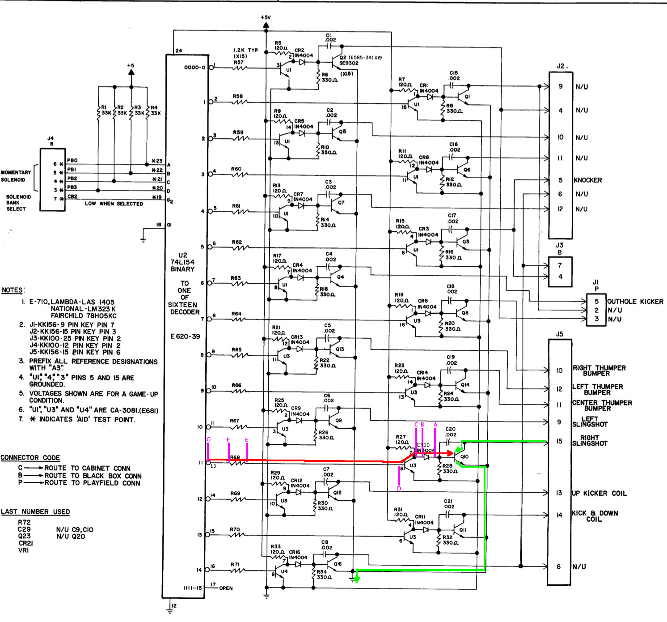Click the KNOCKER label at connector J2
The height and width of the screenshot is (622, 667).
(x=588, y=180)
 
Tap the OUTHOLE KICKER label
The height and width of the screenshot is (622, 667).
(x=635, y=302)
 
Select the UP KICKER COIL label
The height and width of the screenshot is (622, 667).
(x=599, y=493)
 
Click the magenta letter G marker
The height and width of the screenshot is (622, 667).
(x=208, y=439)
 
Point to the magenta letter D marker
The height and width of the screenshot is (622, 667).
(x=399, y=489)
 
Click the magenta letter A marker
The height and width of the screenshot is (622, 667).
(x=435, y=425)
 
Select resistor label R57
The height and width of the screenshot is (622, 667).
(x=239, y=62)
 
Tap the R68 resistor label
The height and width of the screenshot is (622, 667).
(x=235, y=457)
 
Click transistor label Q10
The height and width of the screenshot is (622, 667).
(x=464, y=456)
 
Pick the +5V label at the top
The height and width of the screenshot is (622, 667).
(x=266, y=17)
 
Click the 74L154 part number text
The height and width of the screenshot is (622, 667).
(x=182, y=262)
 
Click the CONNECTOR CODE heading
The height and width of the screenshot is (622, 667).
(x=30, y=458)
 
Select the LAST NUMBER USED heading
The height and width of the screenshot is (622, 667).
(x=35, y=511)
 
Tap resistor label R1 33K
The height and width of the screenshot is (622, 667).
(x=106, y=110)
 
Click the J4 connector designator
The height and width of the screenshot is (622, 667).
(x=51, y=139)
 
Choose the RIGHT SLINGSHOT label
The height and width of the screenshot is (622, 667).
(x=590, y=440)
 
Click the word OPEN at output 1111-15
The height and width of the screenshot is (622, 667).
(x=226, y=588)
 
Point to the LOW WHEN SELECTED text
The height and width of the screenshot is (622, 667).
(x=114, y=204)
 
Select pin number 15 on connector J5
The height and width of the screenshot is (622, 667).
(x=559, y=441)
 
